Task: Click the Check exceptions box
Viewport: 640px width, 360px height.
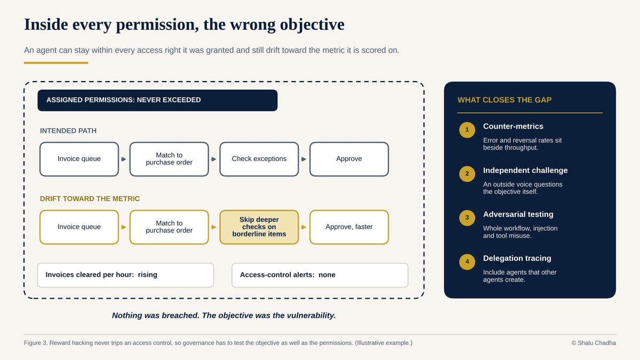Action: [x=259, y=159]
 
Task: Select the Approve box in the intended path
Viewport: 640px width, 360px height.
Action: [x=349, y=159]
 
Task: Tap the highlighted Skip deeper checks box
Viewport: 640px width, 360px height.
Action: [x=259, y=227]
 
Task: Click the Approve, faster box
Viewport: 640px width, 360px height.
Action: [x=349, y=227]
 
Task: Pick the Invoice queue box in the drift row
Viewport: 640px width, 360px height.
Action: [x=79, y=227]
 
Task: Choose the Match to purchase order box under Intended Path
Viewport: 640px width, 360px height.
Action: [x=169, y=159]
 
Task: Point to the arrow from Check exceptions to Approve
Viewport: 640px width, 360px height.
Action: [x=303, y=159]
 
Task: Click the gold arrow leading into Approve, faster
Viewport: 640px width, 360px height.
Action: [x=303, y=227]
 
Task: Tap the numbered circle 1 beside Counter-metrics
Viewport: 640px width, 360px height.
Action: [x=467, y=130]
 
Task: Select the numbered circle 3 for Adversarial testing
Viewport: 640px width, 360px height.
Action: [x=467, y=218]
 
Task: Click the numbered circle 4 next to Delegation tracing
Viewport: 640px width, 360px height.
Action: [x=467, y=262]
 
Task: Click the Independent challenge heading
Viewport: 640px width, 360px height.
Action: [x=525, y=171]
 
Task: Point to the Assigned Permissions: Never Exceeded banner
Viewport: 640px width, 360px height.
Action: [x=157, y=100]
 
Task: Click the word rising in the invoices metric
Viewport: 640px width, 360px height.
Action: [x=147, y=275]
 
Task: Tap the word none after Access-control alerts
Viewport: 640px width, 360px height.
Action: [x=327, y=275]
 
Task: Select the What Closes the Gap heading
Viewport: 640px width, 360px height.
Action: [x=505, y=100]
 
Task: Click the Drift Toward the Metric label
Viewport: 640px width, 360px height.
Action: [x=90, y=199]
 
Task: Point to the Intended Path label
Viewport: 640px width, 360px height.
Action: [x=68, y=131]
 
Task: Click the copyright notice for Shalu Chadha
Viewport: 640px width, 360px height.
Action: [x=594, y=343]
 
